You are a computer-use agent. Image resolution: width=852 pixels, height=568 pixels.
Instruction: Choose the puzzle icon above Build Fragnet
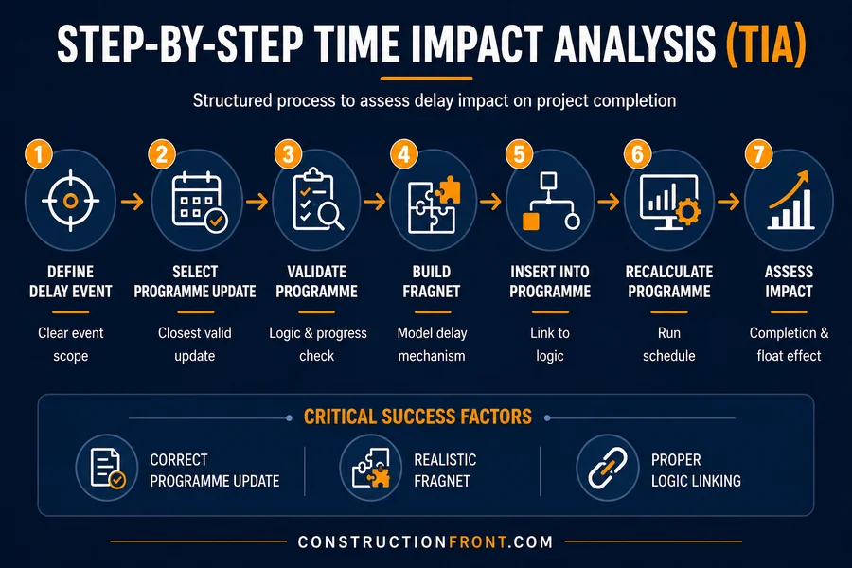tap(433, 202)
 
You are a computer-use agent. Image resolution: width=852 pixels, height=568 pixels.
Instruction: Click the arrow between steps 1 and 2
tap(133, 202)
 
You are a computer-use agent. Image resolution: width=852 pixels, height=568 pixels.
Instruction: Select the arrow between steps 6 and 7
tap(727, 202)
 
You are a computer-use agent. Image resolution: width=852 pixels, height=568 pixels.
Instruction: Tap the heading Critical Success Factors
tap(417, 417)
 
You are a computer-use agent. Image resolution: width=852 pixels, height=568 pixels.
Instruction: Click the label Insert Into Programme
tap(550, 281)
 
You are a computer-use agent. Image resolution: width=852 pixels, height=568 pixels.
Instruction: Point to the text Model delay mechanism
tap(432, 344)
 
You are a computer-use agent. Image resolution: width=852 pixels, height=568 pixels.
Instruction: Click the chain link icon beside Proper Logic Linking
tap(609, 469)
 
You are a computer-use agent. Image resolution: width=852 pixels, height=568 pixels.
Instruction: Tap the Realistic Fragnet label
tap(445, 470)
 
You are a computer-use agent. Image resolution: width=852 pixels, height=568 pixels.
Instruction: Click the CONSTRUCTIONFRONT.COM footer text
tap(425, 541)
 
